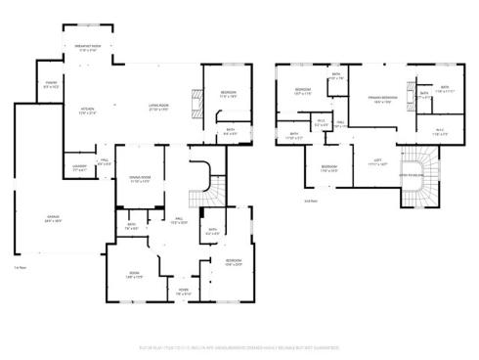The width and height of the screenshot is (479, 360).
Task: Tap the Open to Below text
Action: pos(410,176)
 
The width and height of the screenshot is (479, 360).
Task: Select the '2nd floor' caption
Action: pos(310,201)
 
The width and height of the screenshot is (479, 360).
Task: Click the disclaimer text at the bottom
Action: pos(239,345)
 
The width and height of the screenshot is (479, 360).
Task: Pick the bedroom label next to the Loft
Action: pos(330,169)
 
